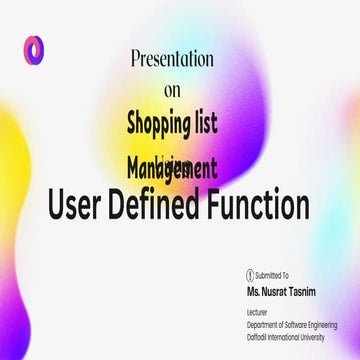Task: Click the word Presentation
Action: tap(172, 59)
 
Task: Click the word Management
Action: tap(172, 162)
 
